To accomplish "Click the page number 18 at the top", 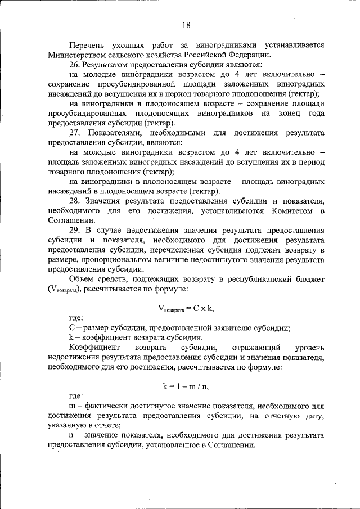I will tap(186, 24).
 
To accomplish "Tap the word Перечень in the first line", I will tap(87, 44).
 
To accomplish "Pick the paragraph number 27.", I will tap(75, 133).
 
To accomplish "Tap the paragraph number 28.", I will tap(75, 201).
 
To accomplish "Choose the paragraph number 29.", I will tap(75, 230).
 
